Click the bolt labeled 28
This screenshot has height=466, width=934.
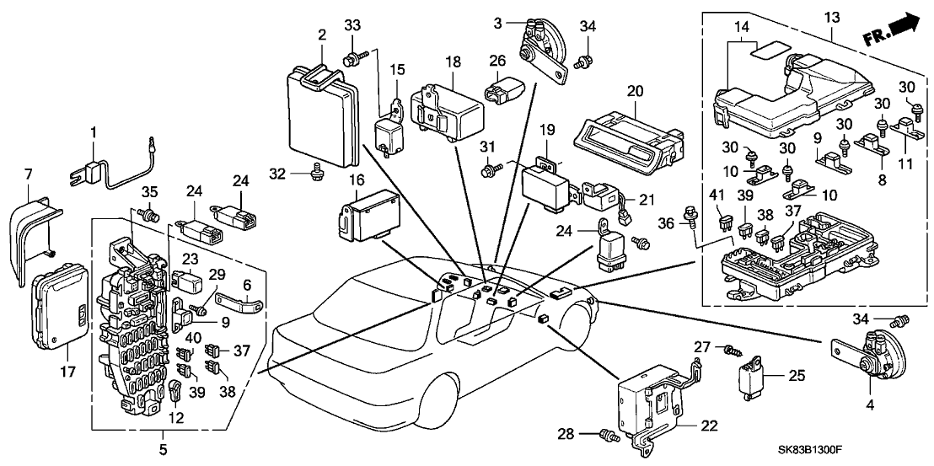(x=604, y=435)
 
